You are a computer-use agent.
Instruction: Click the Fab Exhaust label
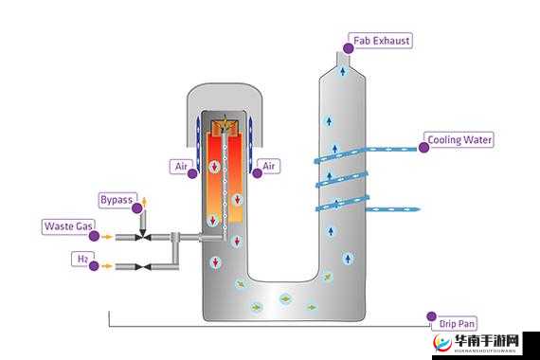coord(381,41)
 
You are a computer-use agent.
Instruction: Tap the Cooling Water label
coord(459,140)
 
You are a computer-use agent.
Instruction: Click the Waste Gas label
coord(68,226)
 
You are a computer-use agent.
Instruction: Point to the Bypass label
coord(117,200)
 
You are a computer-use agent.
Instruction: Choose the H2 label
coord(82,259)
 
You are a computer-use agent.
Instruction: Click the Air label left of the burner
coord(181,167)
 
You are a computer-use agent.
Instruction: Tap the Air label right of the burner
coord(269,166)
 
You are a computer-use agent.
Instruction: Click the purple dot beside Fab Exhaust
coord(349,48)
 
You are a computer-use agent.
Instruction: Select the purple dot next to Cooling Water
coord(423,148)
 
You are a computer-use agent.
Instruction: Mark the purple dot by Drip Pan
coord(431,316)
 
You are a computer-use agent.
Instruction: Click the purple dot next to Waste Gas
coord(94,236)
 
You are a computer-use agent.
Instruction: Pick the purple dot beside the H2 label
coord(94,266)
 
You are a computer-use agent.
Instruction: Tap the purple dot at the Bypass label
coord(137,208)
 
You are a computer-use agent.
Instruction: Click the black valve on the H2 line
coord(143,266)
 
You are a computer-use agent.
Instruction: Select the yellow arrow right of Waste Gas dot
coord(108,237)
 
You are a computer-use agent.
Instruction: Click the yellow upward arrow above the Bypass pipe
coord(145,202)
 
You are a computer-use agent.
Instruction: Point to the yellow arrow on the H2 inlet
coord(107,266)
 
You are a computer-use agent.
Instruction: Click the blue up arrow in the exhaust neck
coord(343,71)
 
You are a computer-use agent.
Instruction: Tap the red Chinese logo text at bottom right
coord(486,341)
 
